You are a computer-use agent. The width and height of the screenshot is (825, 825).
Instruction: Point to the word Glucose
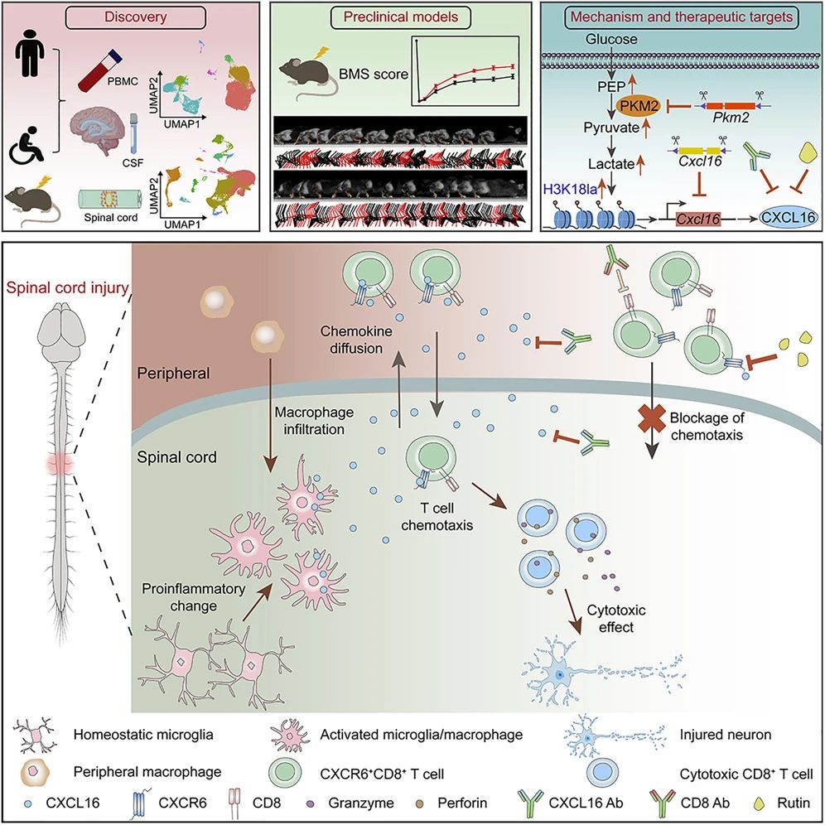[611, 39]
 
